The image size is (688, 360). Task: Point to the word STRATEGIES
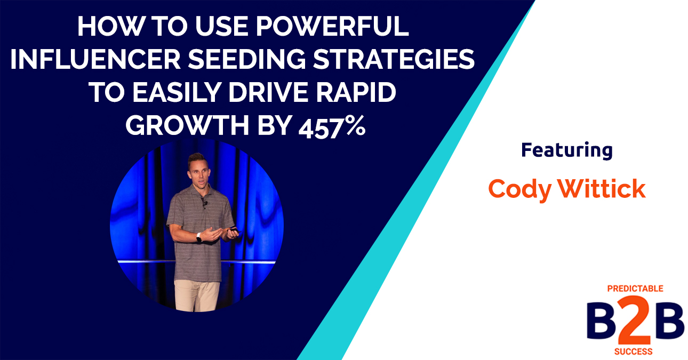tap(394, 60)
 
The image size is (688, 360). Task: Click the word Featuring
tap(566, 150)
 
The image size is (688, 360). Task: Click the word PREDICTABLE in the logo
tap(635, 289)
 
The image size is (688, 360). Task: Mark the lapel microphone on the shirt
tap(204, 203)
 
